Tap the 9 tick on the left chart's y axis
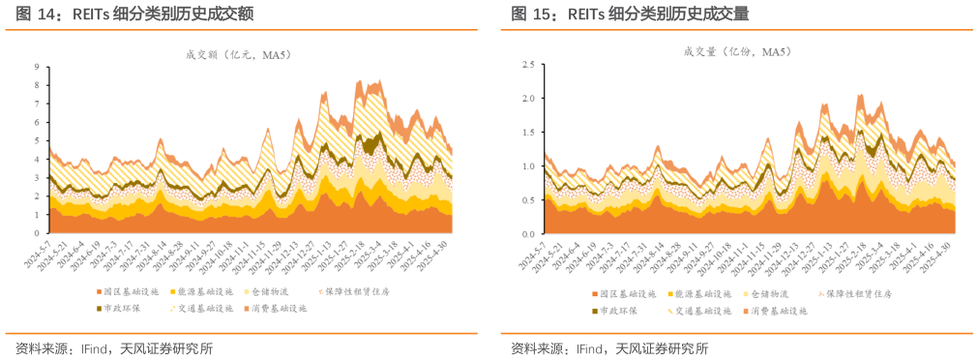(x=37, y=67)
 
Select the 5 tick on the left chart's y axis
(x=37, y=141)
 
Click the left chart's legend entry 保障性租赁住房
(x=364, y=290)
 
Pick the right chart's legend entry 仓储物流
(x=778, y=293)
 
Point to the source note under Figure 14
(x=114, y=348)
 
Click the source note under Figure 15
(x=609, y=348)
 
